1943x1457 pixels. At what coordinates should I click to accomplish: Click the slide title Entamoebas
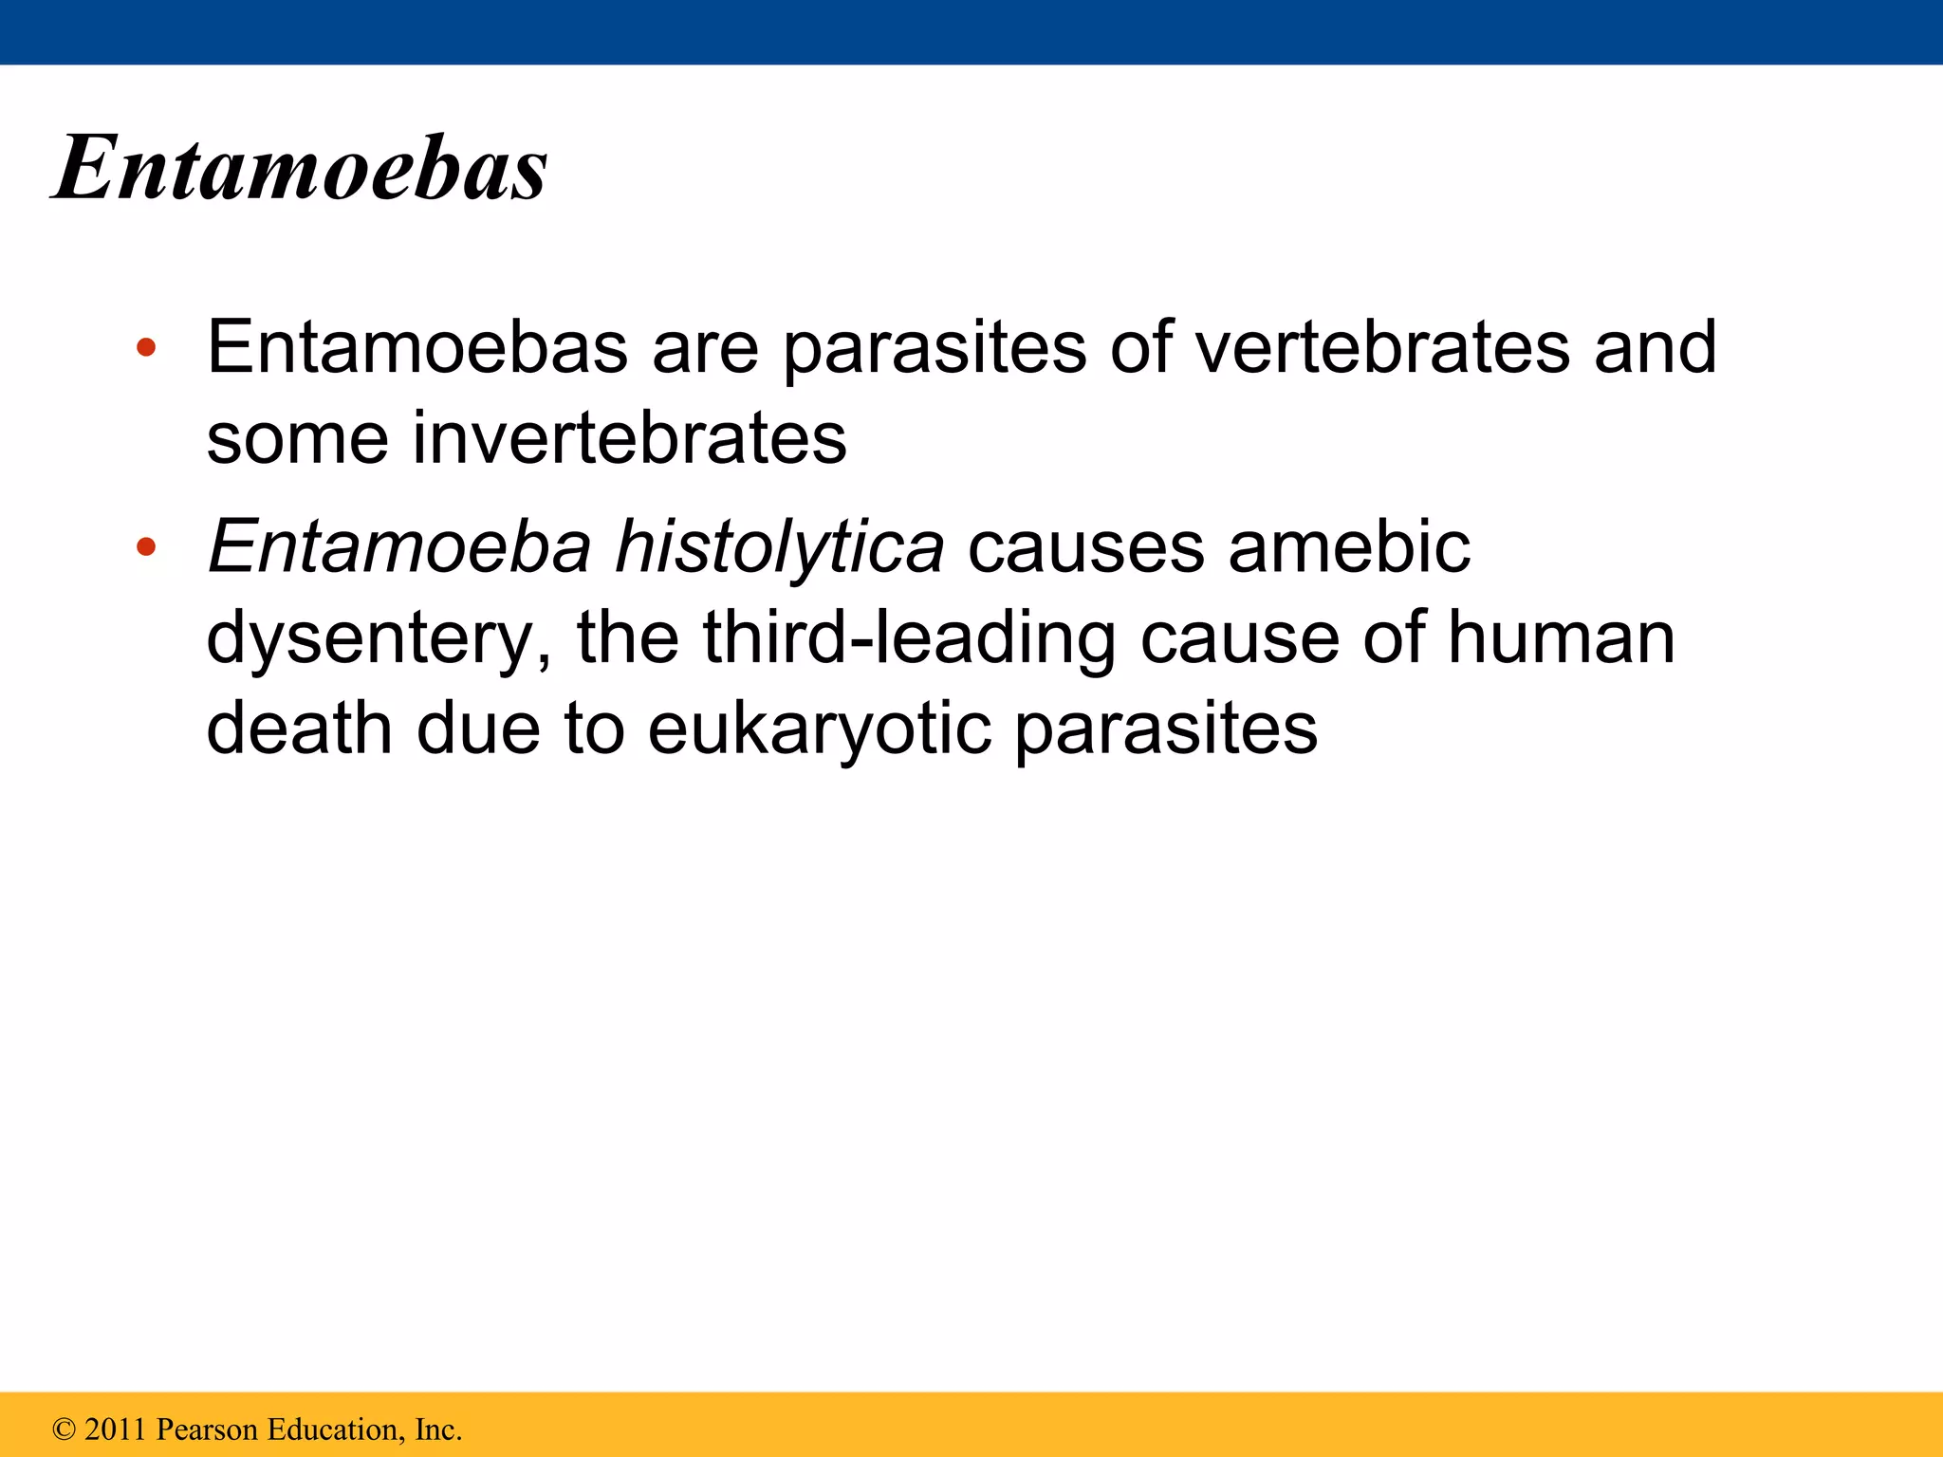pos(300,168)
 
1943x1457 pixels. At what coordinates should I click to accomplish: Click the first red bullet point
pos(145,348)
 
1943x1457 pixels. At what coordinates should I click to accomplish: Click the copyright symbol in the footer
pos(64,1429)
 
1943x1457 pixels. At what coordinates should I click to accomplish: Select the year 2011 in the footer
pos(116,1429)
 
